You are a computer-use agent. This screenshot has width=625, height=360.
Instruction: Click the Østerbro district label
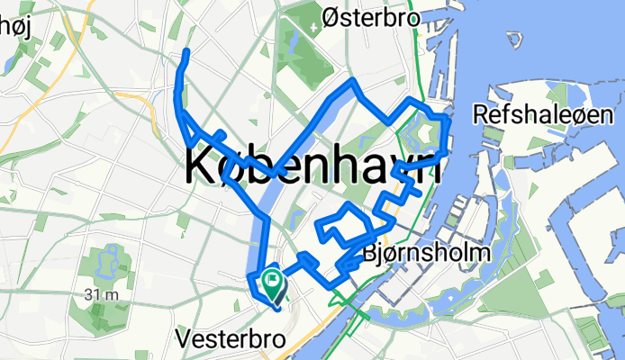pos(372,17)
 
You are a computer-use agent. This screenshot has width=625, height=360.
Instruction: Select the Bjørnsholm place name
pos(426,254)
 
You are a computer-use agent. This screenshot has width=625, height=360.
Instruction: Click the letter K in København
pos(204,167)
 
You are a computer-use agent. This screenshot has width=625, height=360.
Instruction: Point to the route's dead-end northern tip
pos(186,52)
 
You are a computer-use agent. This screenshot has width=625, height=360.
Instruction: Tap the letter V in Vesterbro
pos(185,339)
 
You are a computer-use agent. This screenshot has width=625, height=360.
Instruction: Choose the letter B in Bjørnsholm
pos(369,254)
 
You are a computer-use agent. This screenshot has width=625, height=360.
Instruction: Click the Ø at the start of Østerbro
pos(331,17)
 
